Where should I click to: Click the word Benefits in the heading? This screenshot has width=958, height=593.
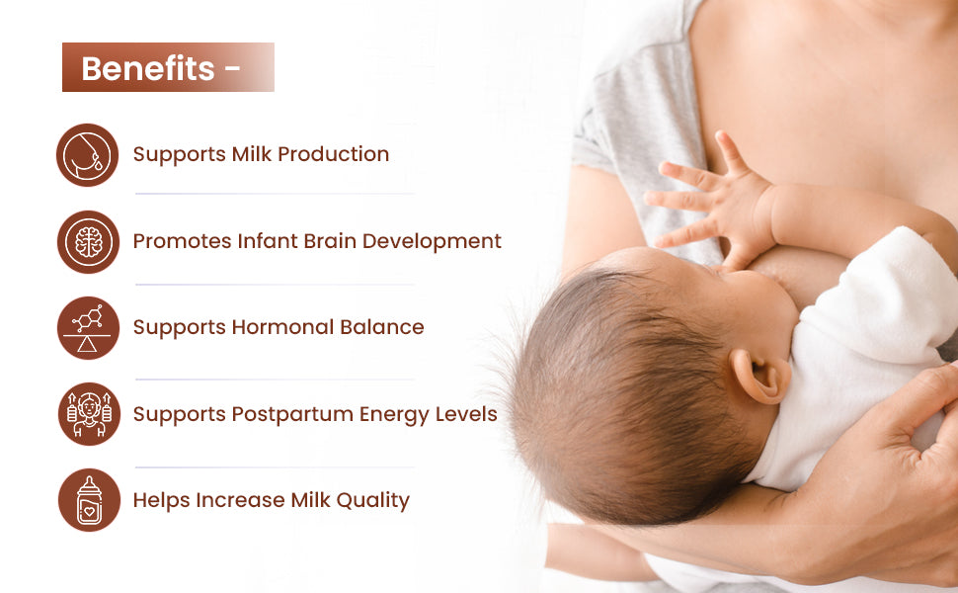coord(148,68)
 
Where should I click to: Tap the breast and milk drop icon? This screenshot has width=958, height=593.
coord(87,155)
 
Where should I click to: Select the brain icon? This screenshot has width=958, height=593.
coord(88,242)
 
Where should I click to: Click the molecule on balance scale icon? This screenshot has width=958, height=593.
coord(88,328)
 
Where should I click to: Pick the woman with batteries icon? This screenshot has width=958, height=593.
coord(89,414)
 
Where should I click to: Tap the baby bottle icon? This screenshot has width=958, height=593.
coord(89,500)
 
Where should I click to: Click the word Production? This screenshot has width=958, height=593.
coord(333,154)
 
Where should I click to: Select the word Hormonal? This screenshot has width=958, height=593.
coord(282,327)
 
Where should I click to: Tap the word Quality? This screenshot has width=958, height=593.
coord(372,501)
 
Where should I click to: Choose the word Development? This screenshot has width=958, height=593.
coord(432,241)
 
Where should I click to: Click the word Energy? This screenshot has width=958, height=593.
coord(394,415)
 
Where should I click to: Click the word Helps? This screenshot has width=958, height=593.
coord(161,501)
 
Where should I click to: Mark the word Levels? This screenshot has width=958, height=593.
coord(466,414)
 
